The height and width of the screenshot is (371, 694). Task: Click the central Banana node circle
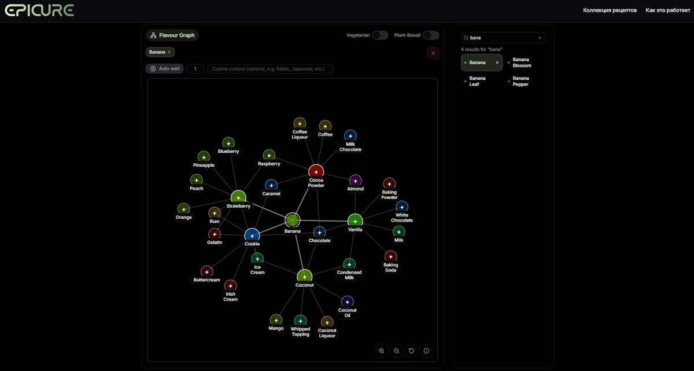pos(292,220)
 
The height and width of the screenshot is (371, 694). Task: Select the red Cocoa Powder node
pos(316,172)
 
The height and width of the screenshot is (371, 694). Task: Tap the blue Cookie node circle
pos(252,236)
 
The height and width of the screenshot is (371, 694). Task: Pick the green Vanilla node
pos(355,221)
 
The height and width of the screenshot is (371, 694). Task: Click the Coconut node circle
pos(304,277)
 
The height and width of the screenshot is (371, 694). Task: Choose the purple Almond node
pos(355,181)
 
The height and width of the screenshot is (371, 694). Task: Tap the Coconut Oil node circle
pos(348,302)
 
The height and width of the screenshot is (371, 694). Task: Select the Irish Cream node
pos(230,286)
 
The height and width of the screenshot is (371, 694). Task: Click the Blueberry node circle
pos(228,143)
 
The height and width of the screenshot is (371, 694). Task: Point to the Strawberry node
pos(238,198)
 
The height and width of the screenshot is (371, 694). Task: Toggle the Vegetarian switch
pos(380,35)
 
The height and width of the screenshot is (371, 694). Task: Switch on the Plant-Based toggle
pos(431,35)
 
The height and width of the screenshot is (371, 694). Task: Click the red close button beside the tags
pos(433,53)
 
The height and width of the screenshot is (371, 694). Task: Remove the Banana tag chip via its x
pos(169,52)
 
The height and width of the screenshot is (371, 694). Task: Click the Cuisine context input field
pos(270,69)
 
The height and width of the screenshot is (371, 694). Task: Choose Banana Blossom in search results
pos(522,63)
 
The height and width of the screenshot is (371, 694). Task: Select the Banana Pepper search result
pos(520,81)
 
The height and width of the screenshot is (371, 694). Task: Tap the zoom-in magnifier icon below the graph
pos(381,351)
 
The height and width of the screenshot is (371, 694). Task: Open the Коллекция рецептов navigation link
pos(610,10)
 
